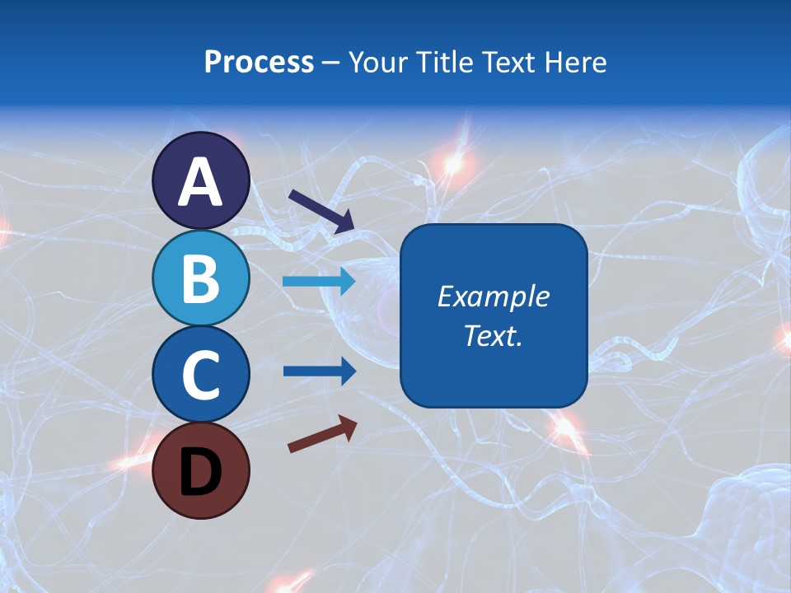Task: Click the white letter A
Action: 201,183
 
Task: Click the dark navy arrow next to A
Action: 321,211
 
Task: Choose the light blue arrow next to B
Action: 319,281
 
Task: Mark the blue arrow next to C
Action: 319,371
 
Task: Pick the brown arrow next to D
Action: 322,433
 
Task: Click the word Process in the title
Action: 259,63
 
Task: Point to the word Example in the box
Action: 494,296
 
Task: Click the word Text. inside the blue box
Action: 494,336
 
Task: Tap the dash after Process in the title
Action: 331,63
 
